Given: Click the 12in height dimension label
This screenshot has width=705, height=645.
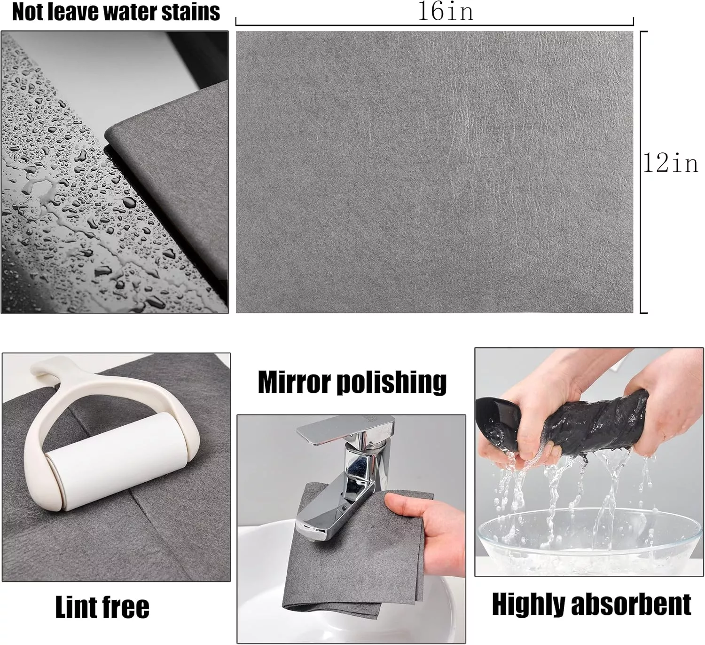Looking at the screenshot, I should [x=671, y=163].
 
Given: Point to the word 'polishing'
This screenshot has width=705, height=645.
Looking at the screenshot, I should [x=392, y=382].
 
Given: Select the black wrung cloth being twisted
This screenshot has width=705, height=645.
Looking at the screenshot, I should [x=564, y=423].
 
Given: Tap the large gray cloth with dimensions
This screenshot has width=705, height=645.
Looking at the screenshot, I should [x=434, y=172].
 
